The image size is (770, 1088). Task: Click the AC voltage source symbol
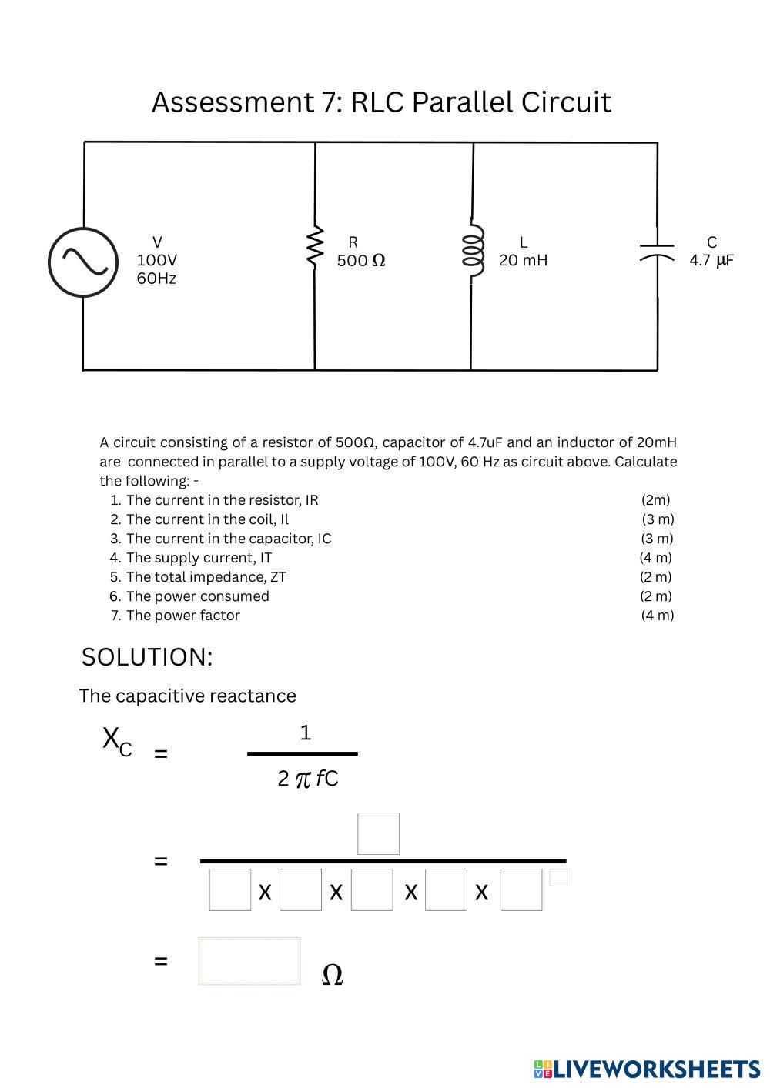click(83, 262)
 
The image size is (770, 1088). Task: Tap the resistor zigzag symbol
click(314, 246)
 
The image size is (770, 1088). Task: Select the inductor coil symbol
click(473, 251)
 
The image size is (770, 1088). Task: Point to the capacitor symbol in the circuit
click(657, 252)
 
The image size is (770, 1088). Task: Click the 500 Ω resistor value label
click(360, 261)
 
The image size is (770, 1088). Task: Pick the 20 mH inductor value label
click(523, 260)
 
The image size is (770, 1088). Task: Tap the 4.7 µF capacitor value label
click(711, 260)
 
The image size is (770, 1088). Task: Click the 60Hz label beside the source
click(156, 279)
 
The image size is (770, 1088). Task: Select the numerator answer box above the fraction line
click(378, 833)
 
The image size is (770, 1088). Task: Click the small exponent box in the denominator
click(558, 877)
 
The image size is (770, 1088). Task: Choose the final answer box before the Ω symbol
click(249, 961)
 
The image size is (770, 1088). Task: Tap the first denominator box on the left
click(229, 889)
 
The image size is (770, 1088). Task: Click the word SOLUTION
click(146, 657)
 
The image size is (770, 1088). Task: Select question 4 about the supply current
click(199, 558)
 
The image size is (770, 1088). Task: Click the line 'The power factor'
click(182, 616)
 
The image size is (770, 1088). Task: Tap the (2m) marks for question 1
click(656, 500)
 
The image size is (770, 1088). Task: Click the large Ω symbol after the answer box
click(331, 975)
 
